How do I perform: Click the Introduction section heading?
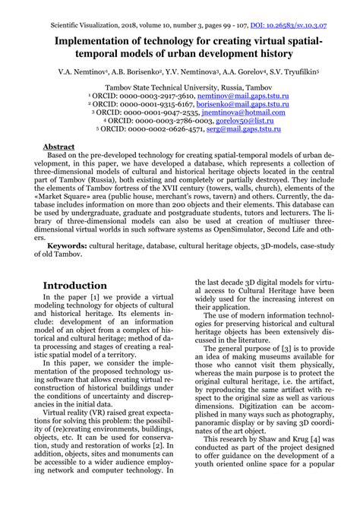(75, 285)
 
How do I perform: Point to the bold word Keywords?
(66, 247)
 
